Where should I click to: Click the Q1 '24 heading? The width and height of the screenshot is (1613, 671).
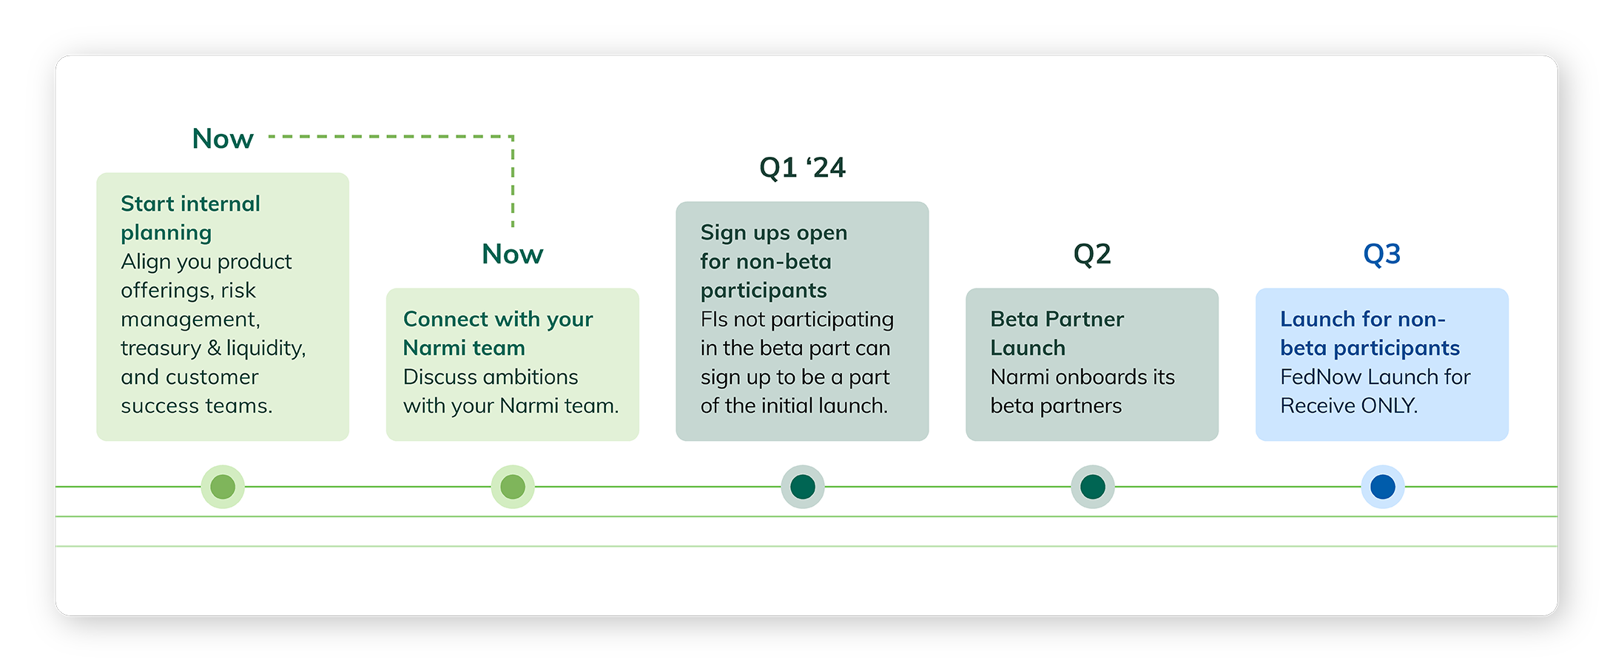802,168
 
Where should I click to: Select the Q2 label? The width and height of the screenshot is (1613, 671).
1092,254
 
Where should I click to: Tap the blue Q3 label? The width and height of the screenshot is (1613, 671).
1381,254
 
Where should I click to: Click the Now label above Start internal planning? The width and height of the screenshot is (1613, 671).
223,139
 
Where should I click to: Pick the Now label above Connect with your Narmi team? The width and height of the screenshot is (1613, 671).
512,254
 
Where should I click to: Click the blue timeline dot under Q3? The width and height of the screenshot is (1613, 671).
1382,487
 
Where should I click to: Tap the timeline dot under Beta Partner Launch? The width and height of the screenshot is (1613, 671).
1092,487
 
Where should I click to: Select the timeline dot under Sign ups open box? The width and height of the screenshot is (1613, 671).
803,487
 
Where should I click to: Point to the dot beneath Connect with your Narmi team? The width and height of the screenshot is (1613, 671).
513,487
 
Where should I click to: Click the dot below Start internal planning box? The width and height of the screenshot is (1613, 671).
223,487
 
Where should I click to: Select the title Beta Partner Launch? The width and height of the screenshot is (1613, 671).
1057,333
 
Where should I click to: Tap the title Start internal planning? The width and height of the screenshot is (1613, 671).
190,218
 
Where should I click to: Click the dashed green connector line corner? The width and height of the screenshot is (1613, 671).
512,137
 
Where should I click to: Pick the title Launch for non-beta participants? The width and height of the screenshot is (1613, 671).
1369,333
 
